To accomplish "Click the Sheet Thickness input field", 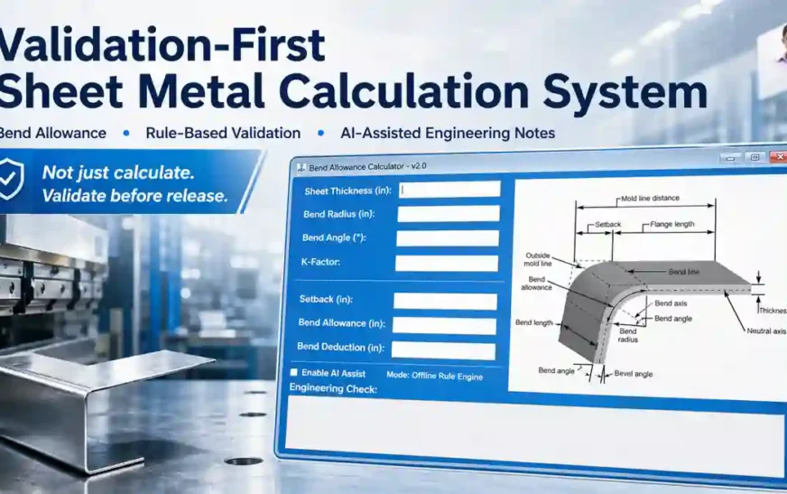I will [449, 190].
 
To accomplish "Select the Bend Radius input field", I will [449, 214].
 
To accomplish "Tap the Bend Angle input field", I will [448, 238].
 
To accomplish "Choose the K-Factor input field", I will [447, 263].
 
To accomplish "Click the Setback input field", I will [445, 301].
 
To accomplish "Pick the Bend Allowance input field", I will [444, 325].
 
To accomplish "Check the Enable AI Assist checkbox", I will [293, 372].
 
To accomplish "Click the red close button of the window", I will [775, 157].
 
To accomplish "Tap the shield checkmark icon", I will [11, 180].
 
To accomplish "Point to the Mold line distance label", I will [650, 198].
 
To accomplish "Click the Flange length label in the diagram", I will [672, 224].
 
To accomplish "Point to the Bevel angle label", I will [633, 374].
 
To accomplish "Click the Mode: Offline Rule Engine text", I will [434, 376].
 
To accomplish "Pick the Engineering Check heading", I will [333, 388].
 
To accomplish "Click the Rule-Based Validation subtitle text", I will [223, 133].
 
